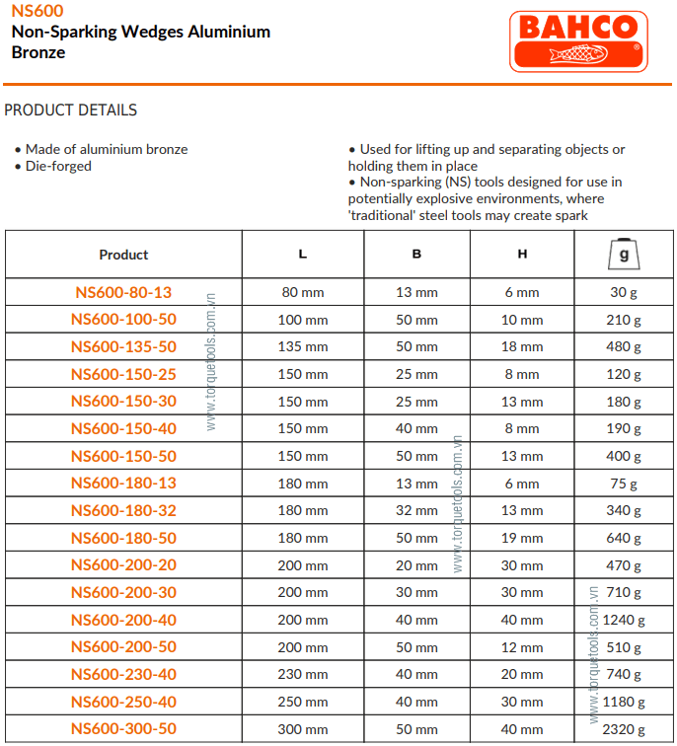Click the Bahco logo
pos(578,40)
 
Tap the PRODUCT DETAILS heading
pos(71,111)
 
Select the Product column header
pos(123,255)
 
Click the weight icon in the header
pos(623,255)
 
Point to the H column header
pos(522,255)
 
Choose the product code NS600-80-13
pos(123,292)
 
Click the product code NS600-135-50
pos(123,346)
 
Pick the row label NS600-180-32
pos(123,511)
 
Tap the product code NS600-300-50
pos(123,729)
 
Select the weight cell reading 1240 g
pos(623,621)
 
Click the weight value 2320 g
pos(623,729)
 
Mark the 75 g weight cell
pos(623,484)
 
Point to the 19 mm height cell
pos(522,538)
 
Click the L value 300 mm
pos(303,729)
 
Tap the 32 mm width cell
pos(416,511)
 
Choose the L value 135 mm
pos(303,346)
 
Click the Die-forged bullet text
pos(58,166)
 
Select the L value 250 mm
pos(303,703)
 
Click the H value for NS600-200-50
pos(522,647)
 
